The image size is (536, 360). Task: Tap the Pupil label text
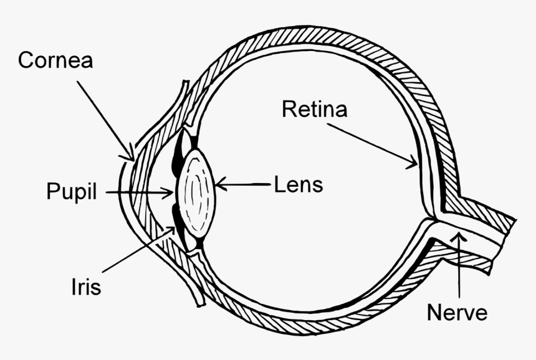(x=72, y=192)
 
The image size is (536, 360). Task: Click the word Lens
(x=299, y=184)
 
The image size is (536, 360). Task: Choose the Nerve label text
(x=457, y=312)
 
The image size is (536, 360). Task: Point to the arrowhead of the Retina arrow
(x=414, y=165)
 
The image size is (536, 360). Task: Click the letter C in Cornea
(x=26, y=60)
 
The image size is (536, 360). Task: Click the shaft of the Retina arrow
(x=371, y=144)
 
